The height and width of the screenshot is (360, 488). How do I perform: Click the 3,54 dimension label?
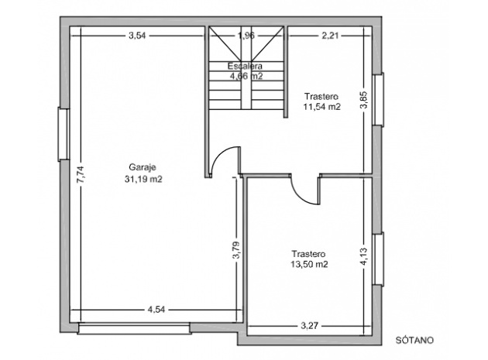pos(137,36)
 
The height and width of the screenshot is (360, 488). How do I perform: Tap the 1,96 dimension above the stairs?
pos(246,36)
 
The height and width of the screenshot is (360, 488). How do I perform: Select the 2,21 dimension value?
pos(330,36)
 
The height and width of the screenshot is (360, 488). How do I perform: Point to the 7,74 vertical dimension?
pos(81,176)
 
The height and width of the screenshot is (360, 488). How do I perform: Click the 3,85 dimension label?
pos(364,99)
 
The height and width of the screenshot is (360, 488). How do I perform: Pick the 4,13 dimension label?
pos(364,256)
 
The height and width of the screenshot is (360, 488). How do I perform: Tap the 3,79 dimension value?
pos(236,250)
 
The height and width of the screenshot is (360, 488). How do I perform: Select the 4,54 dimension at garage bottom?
pos(156,310)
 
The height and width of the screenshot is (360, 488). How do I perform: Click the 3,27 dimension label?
pos(310,326)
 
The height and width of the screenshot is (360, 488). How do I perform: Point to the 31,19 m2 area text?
pos(143,179)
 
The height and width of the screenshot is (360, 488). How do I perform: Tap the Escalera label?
pos(245,66)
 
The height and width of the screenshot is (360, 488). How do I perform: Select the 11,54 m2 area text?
pos(321,107)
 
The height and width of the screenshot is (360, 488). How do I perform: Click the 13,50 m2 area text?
pos(309,264)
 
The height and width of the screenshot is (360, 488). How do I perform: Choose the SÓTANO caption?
pos(414,340)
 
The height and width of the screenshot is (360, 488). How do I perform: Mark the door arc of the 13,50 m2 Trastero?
pos(300,195)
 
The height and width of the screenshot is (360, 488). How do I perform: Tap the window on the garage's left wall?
pos(64,135)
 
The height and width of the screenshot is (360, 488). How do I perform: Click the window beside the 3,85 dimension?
pos(378,100)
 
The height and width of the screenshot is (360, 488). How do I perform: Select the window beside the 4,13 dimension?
pos(378,259)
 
